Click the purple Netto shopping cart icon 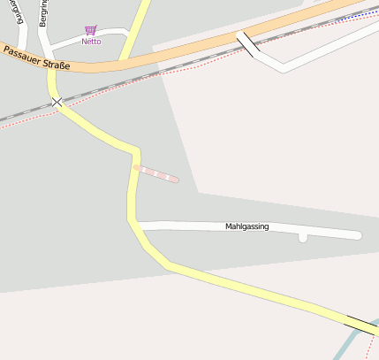[90, 30]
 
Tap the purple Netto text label [91, 42]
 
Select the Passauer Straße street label [36, 58]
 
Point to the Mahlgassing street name [246, 227]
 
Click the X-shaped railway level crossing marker [57, 103]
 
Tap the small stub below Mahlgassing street [303, 237]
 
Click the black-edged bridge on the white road [246, 44]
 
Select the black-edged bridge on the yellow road [362, 325]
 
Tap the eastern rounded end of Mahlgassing [357, 235]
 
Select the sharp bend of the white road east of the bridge [283, 68]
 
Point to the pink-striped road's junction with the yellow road [136, 165]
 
